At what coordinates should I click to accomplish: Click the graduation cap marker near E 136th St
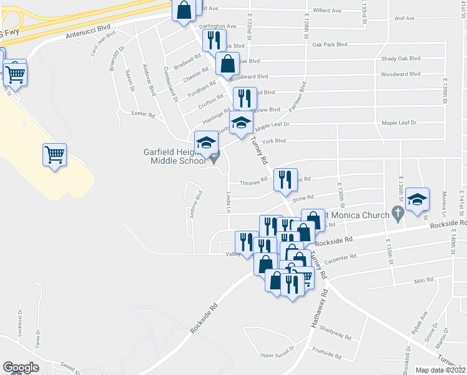417,200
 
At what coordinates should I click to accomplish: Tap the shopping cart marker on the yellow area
55,154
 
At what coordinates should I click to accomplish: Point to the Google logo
21,367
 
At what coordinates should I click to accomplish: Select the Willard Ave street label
327,11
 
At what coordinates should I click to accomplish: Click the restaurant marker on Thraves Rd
285,180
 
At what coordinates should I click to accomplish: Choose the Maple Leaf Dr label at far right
399,123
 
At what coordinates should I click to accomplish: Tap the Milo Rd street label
423,281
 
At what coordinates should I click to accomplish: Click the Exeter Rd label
142,114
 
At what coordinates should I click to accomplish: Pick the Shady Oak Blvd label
400,59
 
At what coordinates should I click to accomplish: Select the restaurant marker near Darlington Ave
214,41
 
